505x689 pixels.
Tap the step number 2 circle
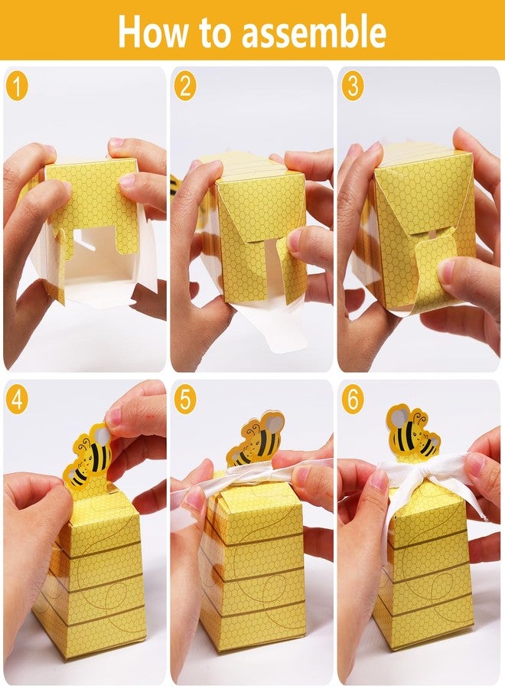184,86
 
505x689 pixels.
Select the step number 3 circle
352,86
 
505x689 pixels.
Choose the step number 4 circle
17,400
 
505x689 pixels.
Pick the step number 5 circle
184,400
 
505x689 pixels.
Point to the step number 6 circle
352,400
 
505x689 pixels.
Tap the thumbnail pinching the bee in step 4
114,416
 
